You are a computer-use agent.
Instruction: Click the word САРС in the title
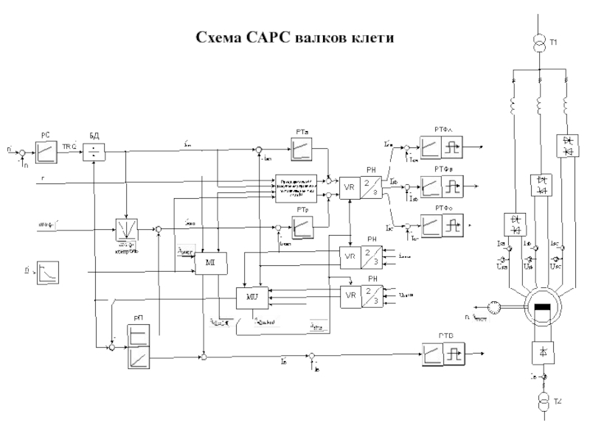click(x=257, y=37)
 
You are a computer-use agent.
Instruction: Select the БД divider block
click(x=94, y=152)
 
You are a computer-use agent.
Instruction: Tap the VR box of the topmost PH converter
click(x=350, y=187)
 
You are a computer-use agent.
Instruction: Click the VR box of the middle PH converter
click(x=350, y=256)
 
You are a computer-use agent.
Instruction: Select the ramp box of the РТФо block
click(x=429, y=223)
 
